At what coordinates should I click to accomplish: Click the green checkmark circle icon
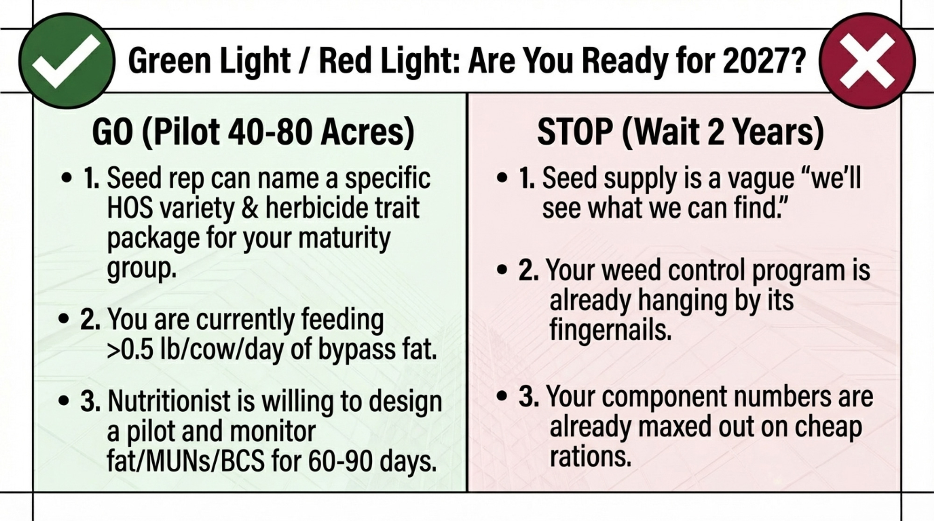[67, 61]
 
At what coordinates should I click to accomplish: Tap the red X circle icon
[867, 61]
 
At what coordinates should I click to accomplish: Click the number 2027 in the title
[755, 61]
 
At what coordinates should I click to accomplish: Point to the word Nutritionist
[181, 401]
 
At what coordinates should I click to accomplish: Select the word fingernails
[610, 330]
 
